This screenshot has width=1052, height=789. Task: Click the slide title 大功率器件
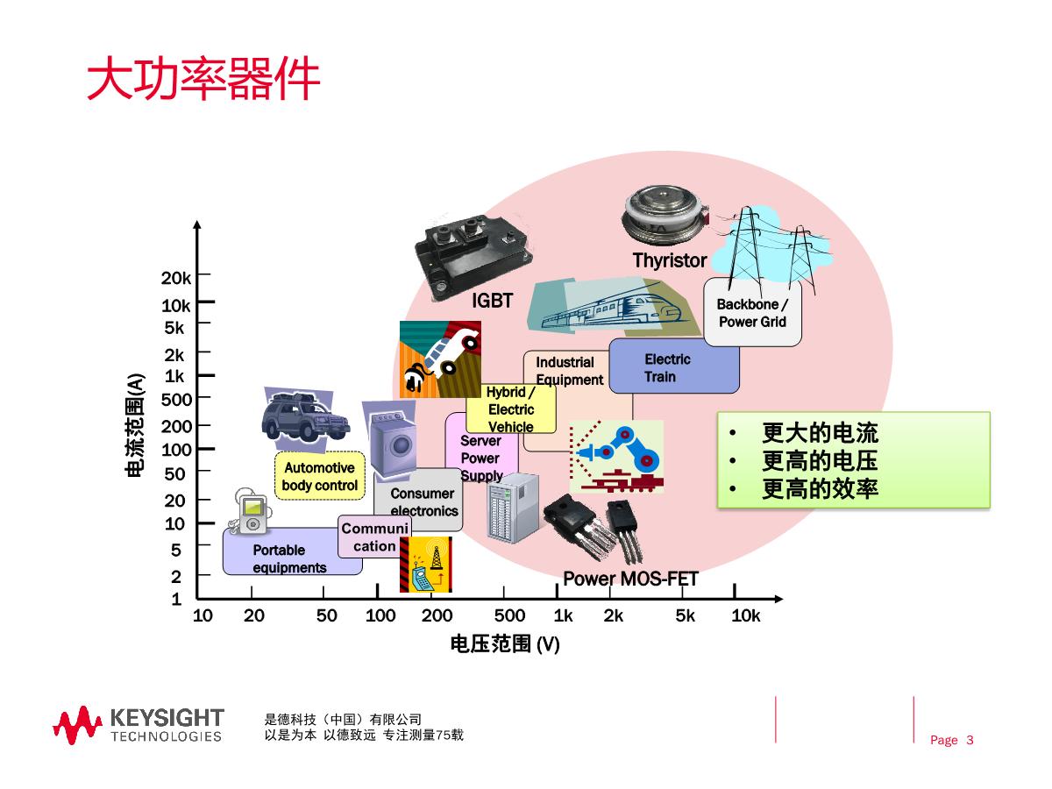coord(203,80)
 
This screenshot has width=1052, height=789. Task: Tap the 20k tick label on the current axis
coord(175,278)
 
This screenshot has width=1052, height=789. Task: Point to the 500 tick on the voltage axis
coord(509,615)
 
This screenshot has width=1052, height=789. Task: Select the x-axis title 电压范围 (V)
coord(505,644)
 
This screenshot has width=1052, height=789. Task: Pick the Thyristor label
coord(669,260)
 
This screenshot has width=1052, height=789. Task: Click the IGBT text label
coord(492,301)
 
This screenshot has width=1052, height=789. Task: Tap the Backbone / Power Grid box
coord(752,313)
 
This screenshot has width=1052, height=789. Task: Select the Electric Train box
coord(673,366)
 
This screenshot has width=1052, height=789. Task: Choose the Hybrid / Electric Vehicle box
coord(511,409)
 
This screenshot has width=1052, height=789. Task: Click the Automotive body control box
coord(319,476)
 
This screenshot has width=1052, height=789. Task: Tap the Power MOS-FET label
coord(629,579)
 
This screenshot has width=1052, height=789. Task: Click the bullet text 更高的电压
coord(820,461)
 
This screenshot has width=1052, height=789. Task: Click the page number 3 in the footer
coord(970,740)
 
